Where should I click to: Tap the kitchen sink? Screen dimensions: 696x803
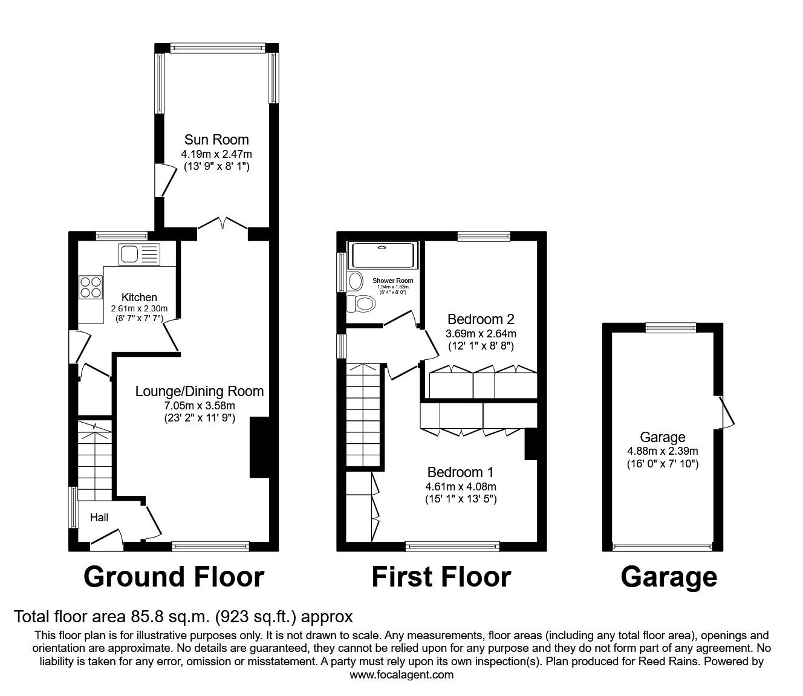coord(138,253)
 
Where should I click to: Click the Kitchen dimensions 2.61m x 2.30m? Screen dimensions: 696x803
coord(139,308)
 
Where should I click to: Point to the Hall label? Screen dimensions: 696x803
coord(99,518)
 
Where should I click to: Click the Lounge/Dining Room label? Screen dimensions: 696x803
coord(199,391)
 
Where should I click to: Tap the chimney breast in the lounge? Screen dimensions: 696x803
coord(259,447)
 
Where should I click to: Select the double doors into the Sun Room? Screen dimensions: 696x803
coord(223,224)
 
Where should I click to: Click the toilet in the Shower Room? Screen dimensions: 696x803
coord(359,303)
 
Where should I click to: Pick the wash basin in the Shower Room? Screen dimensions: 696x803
coord(354,281)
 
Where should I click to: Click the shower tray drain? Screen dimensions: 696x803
coord(382,247)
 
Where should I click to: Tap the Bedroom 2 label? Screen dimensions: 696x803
coord(481,319)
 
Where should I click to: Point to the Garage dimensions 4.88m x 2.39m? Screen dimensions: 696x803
coord(663,450)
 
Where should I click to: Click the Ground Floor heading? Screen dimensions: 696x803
coord(174,577)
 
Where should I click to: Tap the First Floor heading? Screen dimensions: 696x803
coord(441,577)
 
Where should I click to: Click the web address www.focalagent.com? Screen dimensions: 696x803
coord(401,675)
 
